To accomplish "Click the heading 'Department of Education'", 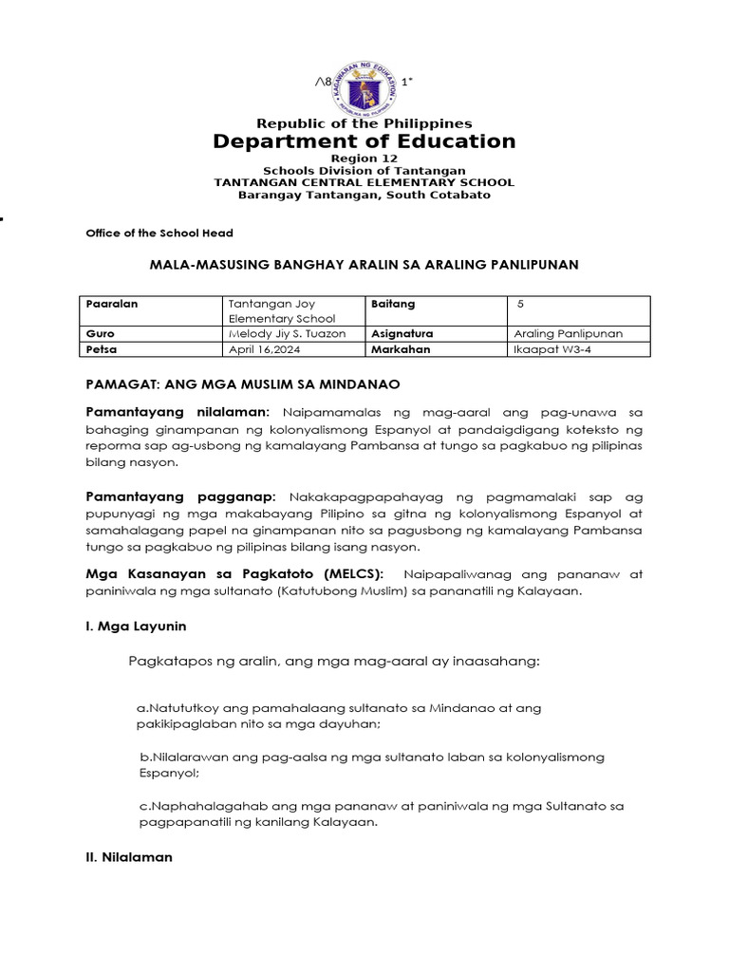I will [364, 141].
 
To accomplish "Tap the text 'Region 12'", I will [364, 158].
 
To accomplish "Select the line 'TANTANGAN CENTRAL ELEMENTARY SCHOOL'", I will [364, 182].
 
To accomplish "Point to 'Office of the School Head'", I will [159, 233].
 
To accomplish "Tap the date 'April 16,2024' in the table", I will [257, 349].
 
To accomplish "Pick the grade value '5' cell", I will [521, 304].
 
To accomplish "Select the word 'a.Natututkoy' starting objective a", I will [178, 708].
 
